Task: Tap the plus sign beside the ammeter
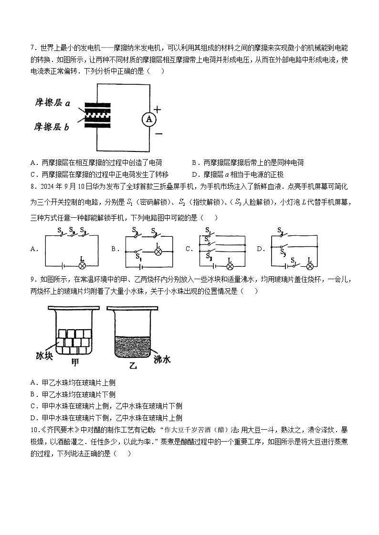click(x=157, y=109)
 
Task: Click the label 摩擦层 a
click(x=53, y=102)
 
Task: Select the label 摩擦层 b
click(x=53, y=127)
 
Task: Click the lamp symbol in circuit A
click(x=82, y=264)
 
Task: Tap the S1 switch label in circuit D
click(x=294, y=260)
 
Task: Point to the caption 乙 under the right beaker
click(x=133, y=366)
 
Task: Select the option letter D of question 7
click(x=194, y=174)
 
